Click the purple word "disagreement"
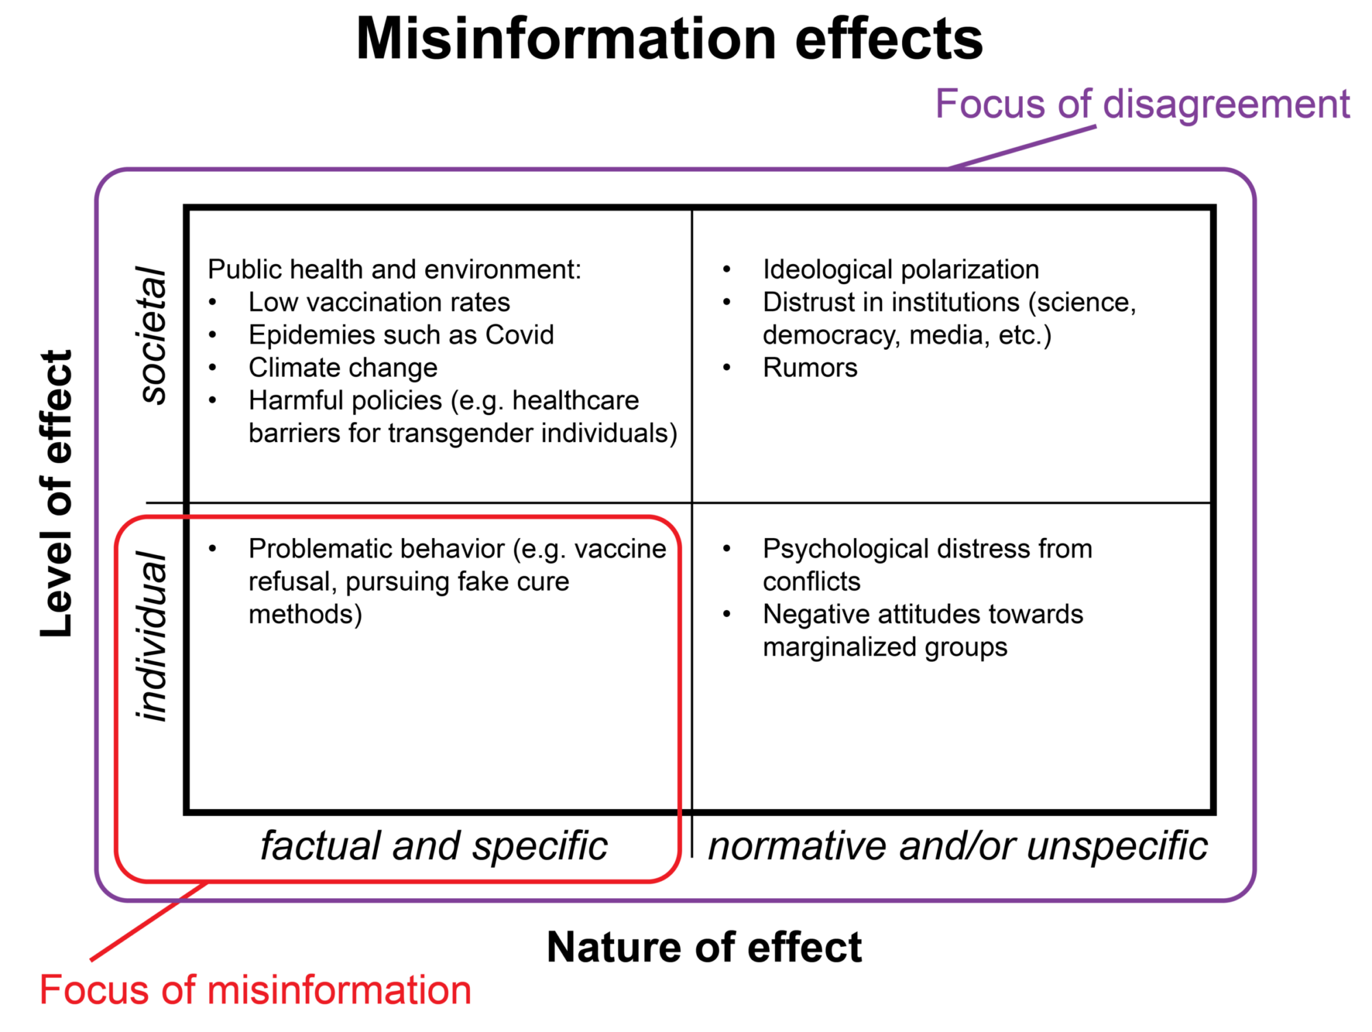1227,105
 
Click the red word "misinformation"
339,991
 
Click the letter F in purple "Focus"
946,104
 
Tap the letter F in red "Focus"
49,991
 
